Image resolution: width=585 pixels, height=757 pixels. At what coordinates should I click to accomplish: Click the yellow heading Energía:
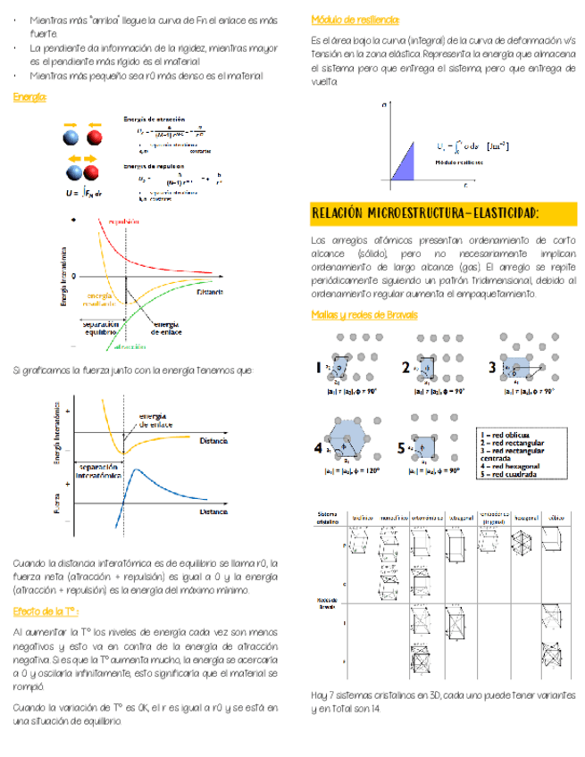point(30,96)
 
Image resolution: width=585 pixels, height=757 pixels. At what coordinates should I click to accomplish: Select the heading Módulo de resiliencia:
point(355,20)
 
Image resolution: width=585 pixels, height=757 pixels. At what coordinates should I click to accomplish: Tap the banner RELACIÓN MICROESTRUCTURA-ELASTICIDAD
point(425,214)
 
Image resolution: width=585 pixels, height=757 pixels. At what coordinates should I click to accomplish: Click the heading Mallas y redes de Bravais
point(360,314)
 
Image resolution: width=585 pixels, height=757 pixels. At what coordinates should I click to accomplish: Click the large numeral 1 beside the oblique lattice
point(319,368)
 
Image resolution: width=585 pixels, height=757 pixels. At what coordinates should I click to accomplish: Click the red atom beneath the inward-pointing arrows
point(95,137)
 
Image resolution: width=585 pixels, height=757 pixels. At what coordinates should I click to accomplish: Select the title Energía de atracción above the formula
point(155,119)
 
